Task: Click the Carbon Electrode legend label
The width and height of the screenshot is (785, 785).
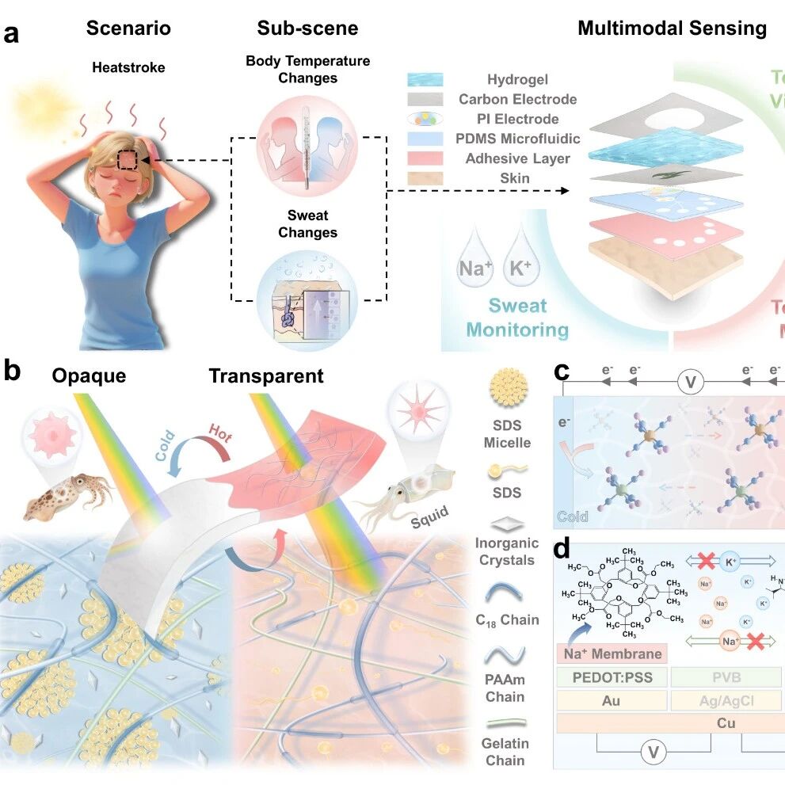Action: (x=517, y=99)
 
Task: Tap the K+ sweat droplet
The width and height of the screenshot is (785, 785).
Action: (x=520, y=261)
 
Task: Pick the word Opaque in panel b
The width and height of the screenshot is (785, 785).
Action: (x=89, y=375)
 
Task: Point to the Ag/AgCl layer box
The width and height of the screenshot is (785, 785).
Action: (x=726, y=700)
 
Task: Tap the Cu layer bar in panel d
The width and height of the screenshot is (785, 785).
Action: (x=669, y=723)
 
